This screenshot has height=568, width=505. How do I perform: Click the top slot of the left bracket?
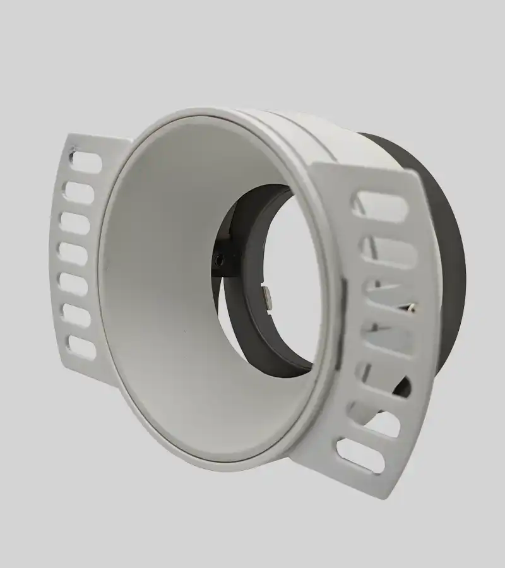click(86, 163)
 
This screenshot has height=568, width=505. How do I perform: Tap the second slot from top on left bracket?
click(78, 192)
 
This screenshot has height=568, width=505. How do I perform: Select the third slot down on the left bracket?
click(74, 223)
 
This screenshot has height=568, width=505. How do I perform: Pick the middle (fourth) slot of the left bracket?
click(73, 254)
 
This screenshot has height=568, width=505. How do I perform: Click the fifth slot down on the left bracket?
click(73, 285)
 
